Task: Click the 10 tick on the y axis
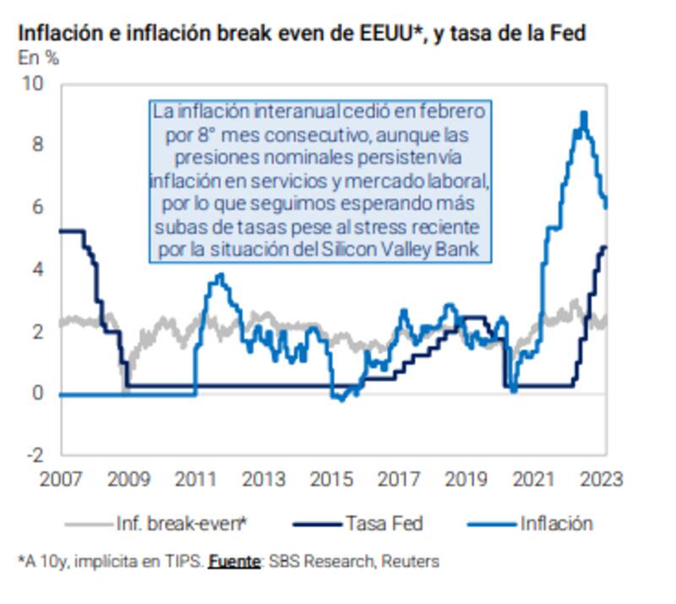34,84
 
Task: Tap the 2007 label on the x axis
61,479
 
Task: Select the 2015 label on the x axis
330,479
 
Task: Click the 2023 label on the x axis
602,479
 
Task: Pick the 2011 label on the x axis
195,479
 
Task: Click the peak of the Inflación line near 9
583,113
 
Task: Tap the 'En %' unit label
38,58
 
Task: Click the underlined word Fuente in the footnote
234,561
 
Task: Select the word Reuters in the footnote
412,561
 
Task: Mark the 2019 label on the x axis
466,479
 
